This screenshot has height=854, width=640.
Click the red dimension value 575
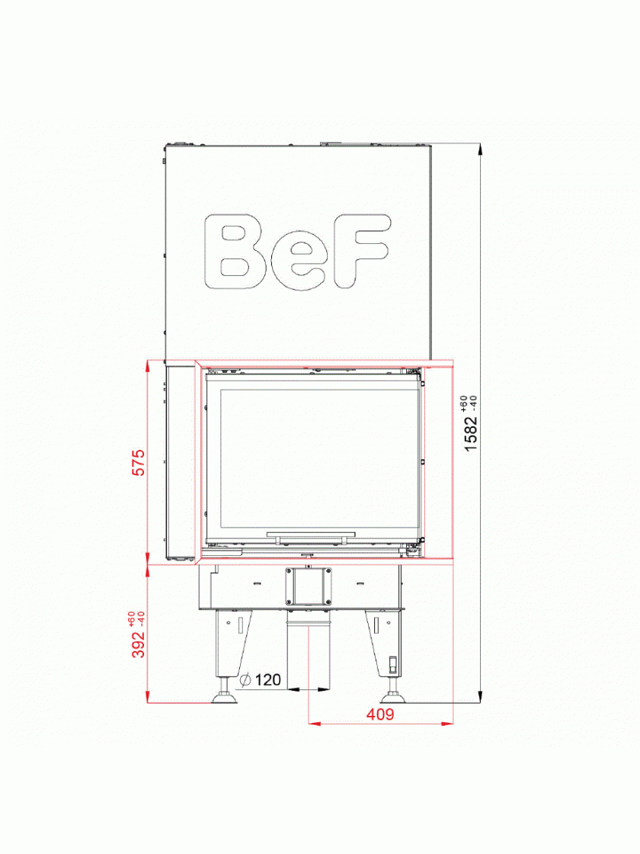[x=139, y=462]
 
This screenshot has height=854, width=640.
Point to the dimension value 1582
[x=471, y=432]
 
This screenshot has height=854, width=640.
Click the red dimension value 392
[x=139, y=644]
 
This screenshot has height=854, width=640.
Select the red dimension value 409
[x=380, y=714]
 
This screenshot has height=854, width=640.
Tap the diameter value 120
[x=267, y=679]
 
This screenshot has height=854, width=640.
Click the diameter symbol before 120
[x=245, y=679]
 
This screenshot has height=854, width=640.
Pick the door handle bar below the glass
[x=311, y=538]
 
